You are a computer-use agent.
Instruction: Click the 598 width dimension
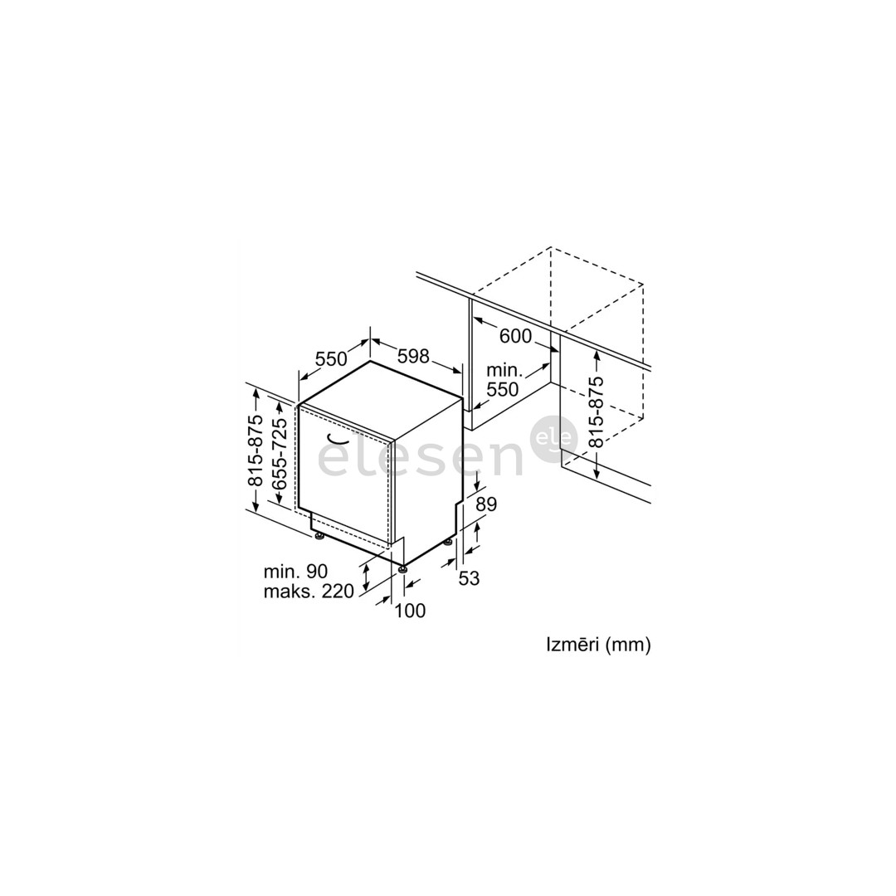pos(413,356)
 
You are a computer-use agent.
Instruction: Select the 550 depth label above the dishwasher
pos(331,359)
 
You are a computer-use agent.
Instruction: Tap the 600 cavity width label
pos(515,336)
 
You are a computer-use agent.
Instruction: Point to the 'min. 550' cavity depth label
pos(502,379)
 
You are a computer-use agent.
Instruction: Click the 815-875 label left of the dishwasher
pos(256,450)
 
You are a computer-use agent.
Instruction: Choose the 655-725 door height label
pos(280,454)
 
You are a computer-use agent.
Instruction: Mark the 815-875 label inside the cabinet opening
pos(596,412)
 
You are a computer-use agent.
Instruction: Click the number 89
pos(486,504)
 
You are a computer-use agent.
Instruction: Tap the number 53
pos(469,578)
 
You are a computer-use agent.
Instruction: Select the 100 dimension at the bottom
pos(411,611)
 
